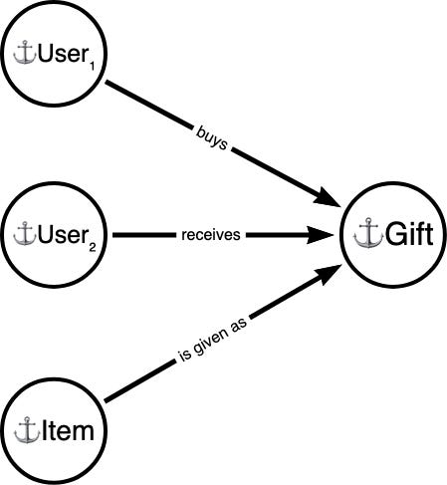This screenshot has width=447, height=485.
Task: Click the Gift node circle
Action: click(x=390, y=236)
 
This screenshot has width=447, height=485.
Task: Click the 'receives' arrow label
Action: click(x=213, y=236)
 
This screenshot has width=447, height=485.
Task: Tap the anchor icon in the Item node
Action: click(x=27, y=431)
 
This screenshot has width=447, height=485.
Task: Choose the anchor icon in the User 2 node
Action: click(x=24, y=236)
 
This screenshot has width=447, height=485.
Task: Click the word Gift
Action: click(x=402, y=237)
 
